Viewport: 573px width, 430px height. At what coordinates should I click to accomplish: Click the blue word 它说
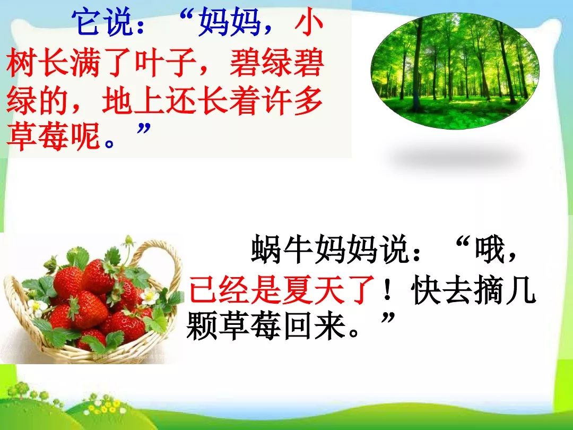pos(102,23)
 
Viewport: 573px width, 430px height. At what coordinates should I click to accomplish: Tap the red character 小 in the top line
pos(309,23)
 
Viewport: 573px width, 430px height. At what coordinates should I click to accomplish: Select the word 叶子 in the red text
pos(166,62)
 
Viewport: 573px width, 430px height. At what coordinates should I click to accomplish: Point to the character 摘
pos(489,291)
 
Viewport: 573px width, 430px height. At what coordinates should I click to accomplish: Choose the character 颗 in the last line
pos(202,326)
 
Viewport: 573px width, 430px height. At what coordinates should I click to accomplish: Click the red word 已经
pos(220,291)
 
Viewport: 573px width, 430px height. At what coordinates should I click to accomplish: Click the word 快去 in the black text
pos(442,291)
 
